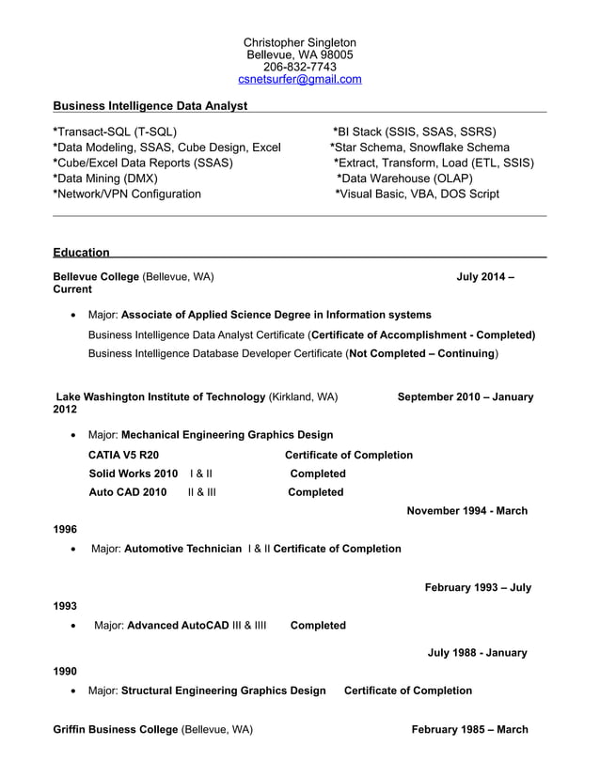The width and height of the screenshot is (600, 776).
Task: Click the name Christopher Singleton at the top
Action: tap(299, 42)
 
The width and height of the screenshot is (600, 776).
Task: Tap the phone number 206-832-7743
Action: tap(299, 67)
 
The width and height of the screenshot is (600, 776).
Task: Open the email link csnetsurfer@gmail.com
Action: tap(299, 80)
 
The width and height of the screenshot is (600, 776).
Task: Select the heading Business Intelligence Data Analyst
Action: tap(150, 106)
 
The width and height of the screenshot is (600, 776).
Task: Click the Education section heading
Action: tap(81, 252)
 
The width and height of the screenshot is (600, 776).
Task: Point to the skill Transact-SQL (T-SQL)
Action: tap(116, 132)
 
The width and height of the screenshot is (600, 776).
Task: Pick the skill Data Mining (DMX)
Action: tap(106, 178)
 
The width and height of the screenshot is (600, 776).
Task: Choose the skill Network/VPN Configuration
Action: tap(128, 194)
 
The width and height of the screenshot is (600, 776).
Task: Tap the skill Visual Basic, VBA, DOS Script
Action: tap(418, 194)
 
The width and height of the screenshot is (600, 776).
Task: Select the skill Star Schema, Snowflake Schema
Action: tap(420, 147)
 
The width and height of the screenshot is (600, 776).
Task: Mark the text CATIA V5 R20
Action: tap(117, 455)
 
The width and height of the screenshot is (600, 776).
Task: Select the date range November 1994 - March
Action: tap(466, 511)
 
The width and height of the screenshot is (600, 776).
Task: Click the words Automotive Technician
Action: tap(182, 549)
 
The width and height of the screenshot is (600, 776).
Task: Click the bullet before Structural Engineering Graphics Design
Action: tap(73, 691)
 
